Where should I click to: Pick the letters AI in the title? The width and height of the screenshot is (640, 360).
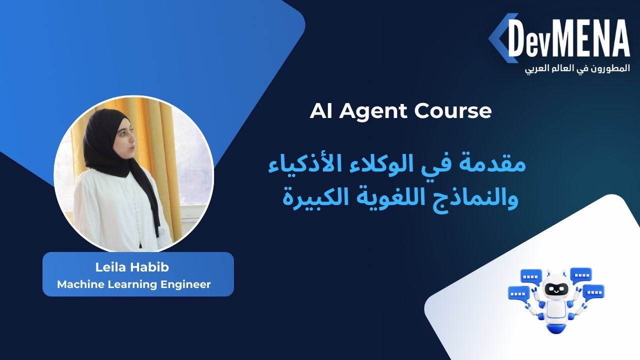point(321,111)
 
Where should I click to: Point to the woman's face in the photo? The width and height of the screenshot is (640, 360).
point(125,142)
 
